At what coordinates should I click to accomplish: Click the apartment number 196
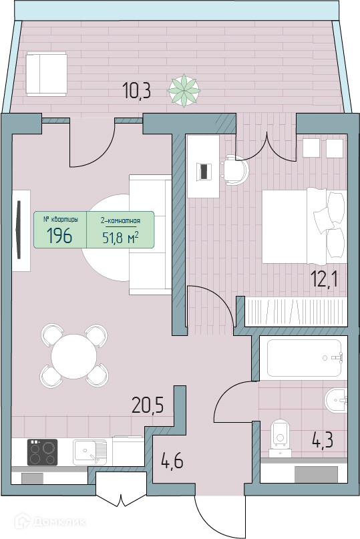coord(59,236)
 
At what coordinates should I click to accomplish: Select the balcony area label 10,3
coord(136,91)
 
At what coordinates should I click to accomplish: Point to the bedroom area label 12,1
coord(324,279)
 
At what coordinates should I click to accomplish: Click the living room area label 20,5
coord(148,405)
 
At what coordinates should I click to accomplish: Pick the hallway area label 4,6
coord(172,461)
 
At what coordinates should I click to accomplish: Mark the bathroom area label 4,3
coord(323,440)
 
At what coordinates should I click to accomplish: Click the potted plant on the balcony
coord(184,90)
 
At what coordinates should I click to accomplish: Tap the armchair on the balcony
coord(46,74)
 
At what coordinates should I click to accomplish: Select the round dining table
coord(74,357)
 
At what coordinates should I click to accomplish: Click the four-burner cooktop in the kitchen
coord(42,452)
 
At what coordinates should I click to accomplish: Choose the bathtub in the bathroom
coord(305,358)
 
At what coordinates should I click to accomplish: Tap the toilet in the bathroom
coord(281,439)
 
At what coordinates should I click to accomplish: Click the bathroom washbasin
coord(335,400)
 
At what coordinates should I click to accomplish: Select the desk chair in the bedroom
coord(235,170)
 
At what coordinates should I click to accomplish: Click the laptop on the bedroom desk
coord(204,171)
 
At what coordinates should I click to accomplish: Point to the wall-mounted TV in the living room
coord(19,230)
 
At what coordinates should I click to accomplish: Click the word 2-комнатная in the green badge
coord(120,220)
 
